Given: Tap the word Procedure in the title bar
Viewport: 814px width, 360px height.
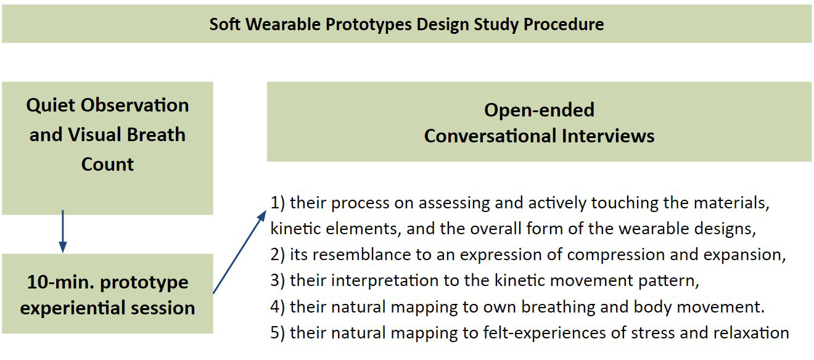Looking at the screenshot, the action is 564,24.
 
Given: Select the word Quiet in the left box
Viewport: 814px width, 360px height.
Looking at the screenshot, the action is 50,105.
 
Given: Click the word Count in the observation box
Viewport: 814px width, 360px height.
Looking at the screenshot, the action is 107,164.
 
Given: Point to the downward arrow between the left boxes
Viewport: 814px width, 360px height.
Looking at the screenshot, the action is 63,231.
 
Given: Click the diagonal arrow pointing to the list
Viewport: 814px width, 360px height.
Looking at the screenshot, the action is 240,252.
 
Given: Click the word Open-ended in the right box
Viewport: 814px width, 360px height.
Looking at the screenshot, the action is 539,110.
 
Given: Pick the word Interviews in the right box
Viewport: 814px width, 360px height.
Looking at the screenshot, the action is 607,136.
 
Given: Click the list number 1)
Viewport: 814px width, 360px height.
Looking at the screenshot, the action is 277,203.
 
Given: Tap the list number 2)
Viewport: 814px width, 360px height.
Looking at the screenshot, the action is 277,255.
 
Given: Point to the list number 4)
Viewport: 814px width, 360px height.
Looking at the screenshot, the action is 277,307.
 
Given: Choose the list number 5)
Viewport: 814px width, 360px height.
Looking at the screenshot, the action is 277,333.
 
